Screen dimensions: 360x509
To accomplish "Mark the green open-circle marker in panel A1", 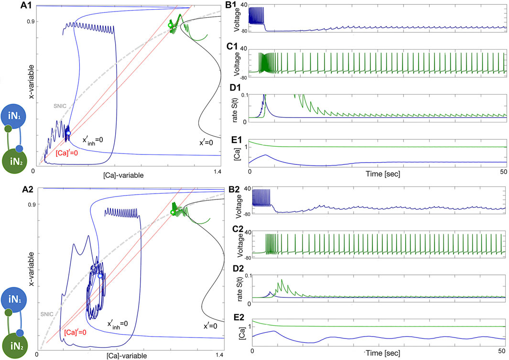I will coord(170,25).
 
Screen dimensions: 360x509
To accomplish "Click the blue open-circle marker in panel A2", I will coord(100,276).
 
